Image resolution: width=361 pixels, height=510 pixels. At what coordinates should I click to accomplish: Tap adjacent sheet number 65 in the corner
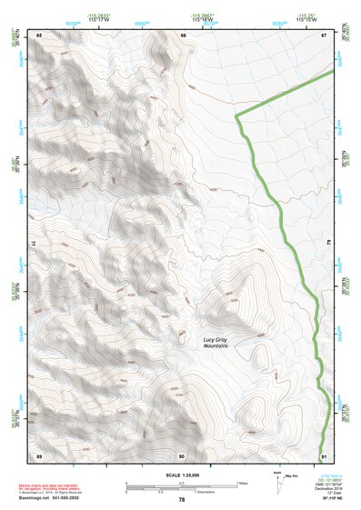click(39, 35)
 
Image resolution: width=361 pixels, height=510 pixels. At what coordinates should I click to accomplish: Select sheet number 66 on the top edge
click(183, 35)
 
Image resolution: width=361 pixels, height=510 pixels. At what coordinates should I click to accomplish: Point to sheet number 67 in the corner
click(323, 35)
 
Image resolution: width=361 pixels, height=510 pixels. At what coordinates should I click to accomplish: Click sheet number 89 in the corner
click(39, 455)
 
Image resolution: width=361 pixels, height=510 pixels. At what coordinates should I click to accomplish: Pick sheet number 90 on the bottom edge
click(182, 455)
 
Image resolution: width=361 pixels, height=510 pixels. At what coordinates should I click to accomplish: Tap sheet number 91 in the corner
click(323, 455)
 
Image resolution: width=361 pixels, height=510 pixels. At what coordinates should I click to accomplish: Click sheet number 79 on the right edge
click(328, 245)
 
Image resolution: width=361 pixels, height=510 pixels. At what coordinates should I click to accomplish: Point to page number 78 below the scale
click(181, 499)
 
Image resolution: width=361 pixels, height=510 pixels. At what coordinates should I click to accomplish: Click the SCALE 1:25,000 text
click(181, 475)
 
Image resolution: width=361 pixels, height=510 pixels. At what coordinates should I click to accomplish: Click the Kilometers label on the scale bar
click(181, 491)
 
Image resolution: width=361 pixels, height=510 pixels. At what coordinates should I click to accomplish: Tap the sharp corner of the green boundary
click(236, 115)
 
